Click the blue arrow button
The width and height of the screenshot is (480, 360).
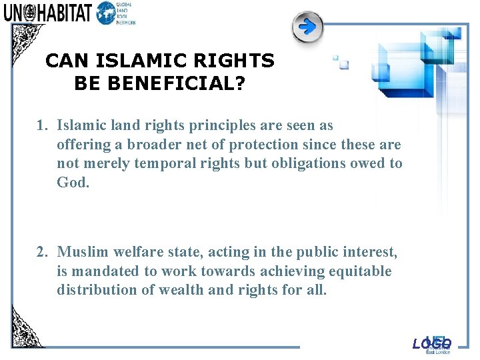[307, 27]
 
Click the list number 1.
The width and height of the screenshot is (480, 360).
[41, 125]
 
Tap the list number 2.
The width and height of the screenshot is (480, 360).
[41, 252]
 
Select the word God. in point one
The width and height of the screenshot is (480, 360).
[73, 182]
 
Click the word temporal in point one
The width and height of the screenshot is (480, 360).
[163, 163]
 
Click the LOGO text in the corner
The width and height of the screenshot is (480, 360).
[431, 344]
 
